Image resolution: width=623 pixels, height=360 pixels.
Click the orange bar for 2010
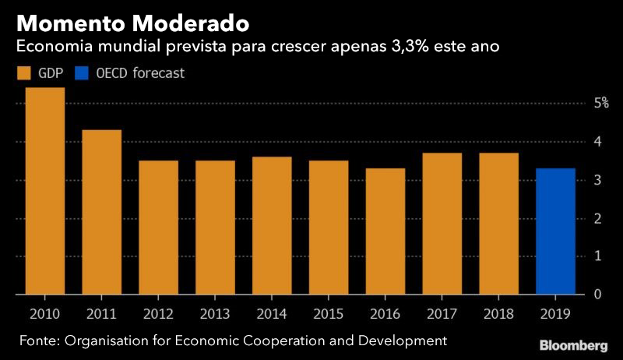pyautogui.click(x=44, y=191)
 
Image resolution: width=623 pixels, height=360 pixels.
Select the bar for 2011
pyautogui.click(x=101, y=212)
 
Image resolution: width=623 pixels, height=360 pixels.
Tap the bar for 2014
pyautogui.click(x=272, y=226)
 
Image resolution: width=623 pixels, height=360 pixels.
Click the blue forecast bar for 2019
pyautogui.click(x=555, y=231)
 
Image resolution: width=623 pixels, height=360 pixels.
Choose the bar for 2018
pyautogui.click(x=498, y=224)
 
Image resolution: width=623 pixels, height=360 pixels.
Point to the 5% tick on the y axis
pyautogui.click(x=601, y=103)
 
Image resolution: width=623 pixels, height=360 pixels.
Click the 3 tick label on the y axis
pyautogui.click(x=597, y=180)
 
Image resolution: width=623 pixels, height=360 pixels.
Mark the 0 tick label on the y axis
pyautogui.click(x=597, y=294)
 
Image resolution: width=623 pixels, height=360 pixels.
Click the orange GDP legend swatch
pyautogui.click(x=23, y=74)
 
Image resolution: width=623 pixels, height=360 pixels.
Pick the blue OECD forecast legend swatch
pyautogui.click(x=81, y=74)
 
